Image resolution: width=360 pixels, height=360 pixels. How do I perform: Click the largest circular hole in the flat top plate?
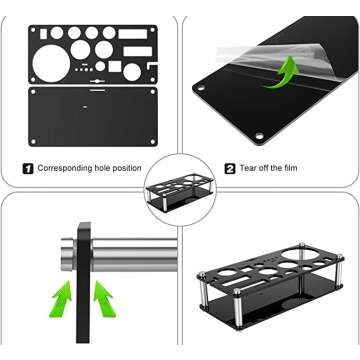[x=51, y=64]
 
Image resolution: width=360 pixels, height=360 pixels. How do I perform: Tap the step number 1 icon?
[x=28, y=168]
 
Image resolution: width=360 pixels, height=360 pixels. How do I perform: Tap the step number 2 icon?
[x=230, y=168]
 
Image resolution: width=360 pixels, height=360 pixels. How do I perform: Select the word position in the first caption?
[x=127, y=168]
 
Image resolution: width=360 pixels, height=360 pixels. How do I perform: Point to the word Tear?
[x=248, y=168]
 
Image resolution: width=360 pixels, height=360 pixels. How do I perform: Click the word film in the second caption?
[x=290, y=168]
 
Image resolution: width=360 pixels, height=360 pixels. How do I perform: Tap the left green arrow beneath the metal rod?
[x=62, y=298]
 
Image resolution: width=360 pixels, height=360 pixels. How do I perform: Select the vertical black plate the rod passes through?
[x=83, y=283]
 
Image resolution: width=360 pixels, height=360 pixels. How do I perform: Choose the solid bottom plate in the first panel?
[x=92, y=116]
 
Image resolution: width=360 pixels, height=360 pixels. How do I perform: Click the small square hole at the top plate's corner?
[x=44, y=33]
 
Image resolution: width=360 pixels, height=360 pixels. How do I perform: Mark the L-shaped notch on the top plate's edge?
[x=153, y=65]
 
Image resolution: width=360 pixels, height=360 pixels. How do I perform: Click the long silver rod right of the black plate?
[x=134, y=255]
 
